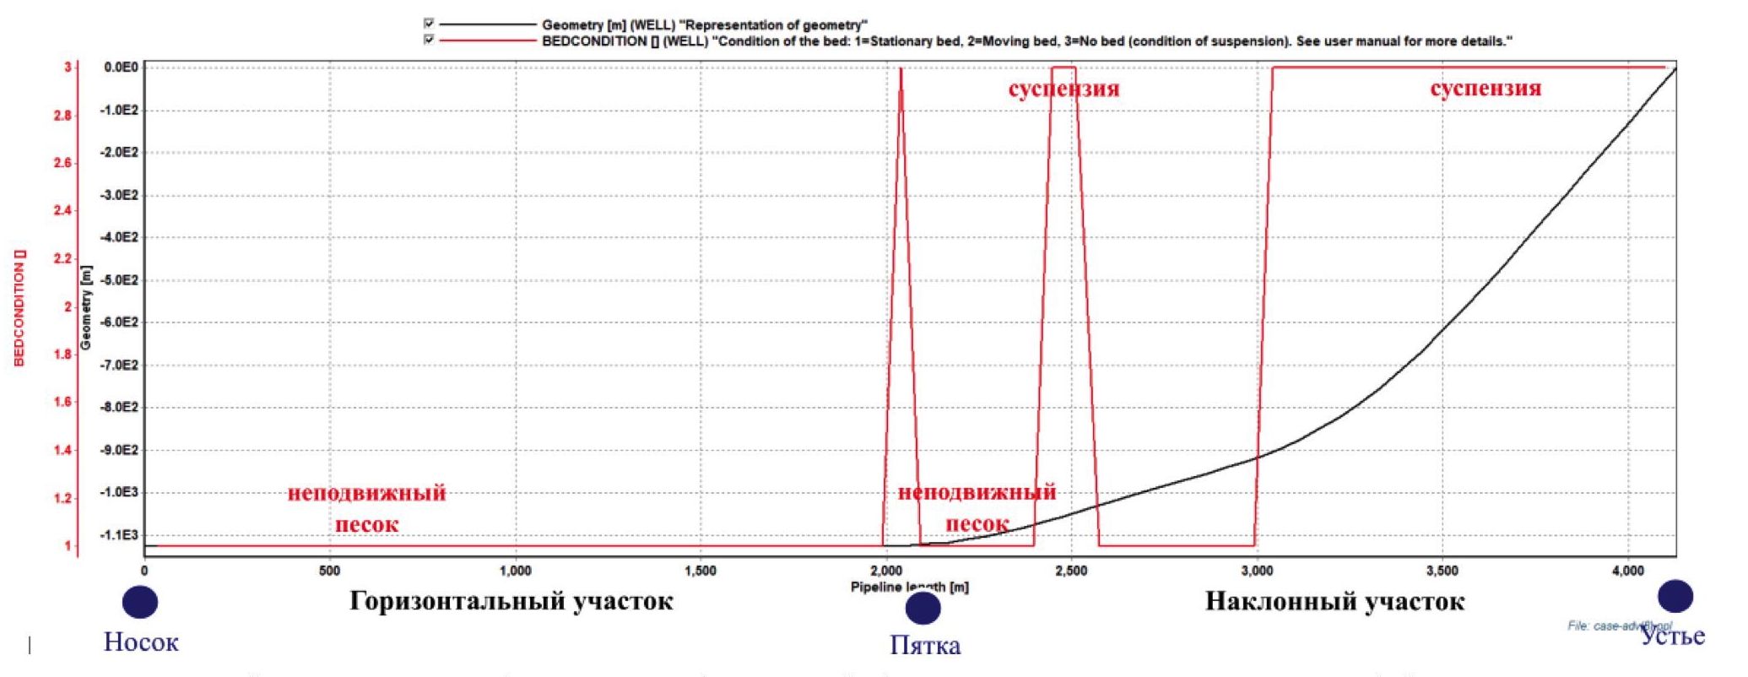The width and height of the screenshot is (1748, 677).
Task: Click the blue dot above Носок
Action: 140,602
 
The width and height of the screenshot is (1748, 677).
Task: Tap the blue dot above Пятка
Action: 923,608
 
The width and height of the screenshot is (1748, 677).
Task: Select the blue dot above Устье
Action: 1675,596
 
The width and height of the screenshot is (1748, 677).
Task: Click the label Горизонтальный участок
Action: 511,601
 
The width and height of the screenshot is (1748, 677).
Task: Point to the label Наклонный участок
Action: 1334,601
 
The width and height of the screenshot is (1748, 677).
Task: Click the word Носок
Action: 141,642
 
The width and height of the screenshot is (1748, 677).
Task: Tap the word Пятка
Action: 925,646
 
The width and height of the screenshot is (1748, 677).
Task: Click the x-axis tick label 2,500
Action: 1071,571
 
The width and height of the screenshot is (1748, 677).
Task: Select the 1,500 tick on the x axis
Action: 701,571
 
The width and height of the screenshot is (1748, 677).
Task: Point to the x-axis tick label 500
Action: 330,571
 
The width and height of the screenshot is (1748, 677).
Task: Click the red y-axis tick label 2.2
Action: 62,259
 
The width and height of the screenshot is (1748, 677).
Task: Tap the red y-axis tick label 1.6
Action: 62,402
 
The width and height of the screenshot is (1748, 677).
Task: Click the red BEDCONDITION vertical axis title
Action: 20,307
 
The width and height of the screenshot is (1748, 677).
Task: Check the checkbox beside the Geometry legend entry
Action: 429,24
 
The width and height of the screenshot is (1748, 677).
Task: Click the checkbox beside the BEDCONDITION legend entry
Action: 429,40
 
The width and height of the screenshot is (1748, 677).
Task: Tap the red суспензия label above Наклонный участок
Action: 1485,88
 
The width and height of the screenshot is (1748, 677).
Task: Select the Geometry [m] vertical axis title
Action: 85,307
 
